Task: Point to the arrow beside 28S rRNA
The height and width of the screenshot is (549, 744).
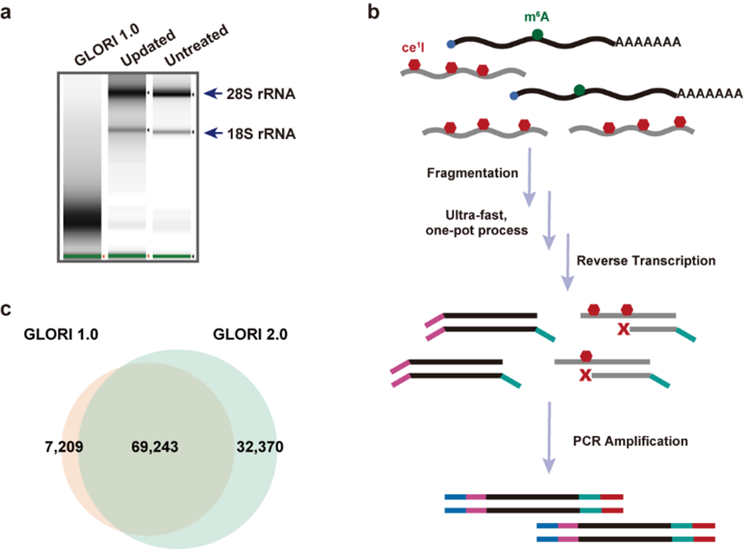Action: pyautogui.click(x=213, y=93)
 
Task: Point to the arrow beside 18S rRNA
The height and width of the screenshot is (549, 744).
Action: pyautogui.click(x=213, y=134)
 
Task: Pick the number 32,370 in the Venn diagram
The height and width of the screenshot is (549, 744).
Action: pyautogui.click(x=259, y=448)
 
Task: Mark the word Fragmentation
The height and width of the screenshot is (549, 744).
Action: pyautogui.click(x=471, y=172)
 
